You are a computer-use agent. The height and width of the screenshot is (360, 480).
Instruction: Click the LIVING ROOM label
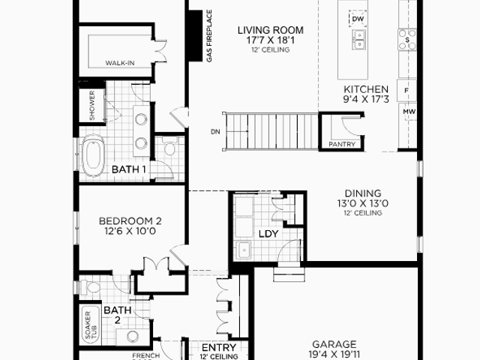pos(271,30)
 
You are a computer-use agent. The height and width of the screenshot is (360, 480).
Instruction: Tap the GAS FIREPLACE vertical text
pos(209,36)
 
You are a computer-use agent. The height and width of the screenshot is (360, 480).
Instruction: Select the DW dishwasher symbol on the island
pos(358,19)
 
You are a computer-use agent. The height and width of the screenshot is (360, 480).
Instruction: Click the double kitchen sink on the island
pos(358,40)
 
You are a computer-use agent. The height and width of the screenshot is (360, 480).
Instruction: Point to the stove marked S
pos(407,40)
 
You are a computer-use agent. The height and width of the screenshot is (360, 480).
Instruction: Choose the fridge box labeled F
pos(406,90)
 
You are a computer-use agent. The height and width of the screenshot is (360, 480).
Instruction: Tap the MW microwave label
pos(409,112)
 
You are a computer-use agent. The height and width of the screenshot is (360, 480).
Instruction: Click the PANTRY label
pos(342,144)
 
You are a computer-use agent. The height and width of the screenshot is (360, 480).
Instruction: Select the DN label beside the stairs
pos(215,132)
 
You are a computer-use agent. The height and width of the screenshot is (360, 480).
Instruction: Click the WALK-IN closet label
pos(120,63)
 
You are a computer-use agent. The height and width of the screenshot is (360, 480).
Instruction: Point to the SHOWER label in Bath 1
pos(91,105)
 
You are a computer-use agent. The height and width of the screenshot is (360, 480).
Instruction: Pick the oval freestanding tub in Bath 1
pos(94,156)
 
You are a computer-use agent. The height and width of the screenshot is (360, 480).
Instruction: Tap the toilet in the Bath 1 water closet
pos(169,146)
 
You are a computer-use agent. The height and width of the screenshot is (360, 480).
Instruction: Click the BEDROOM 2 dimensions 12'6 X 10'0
pos(130,231)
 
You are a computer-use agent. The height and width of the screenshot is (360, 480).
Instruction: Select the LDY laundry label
pos(268,234)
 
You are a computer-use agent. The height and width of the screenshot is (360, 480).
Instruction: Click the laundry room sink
pos(244,250)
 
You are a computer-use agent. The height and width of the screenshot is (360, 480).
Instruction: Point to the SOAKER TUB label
pos(91,325)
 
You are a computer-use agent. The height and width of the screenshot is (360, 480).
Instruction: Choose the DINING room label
pos(363,193)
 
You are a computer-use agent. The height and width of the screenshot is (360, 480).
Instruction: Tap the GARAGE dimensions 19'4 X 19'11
pos(334,354)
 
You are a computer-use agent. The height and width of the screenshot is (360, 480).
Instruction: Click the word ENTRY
pos(219,347)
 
